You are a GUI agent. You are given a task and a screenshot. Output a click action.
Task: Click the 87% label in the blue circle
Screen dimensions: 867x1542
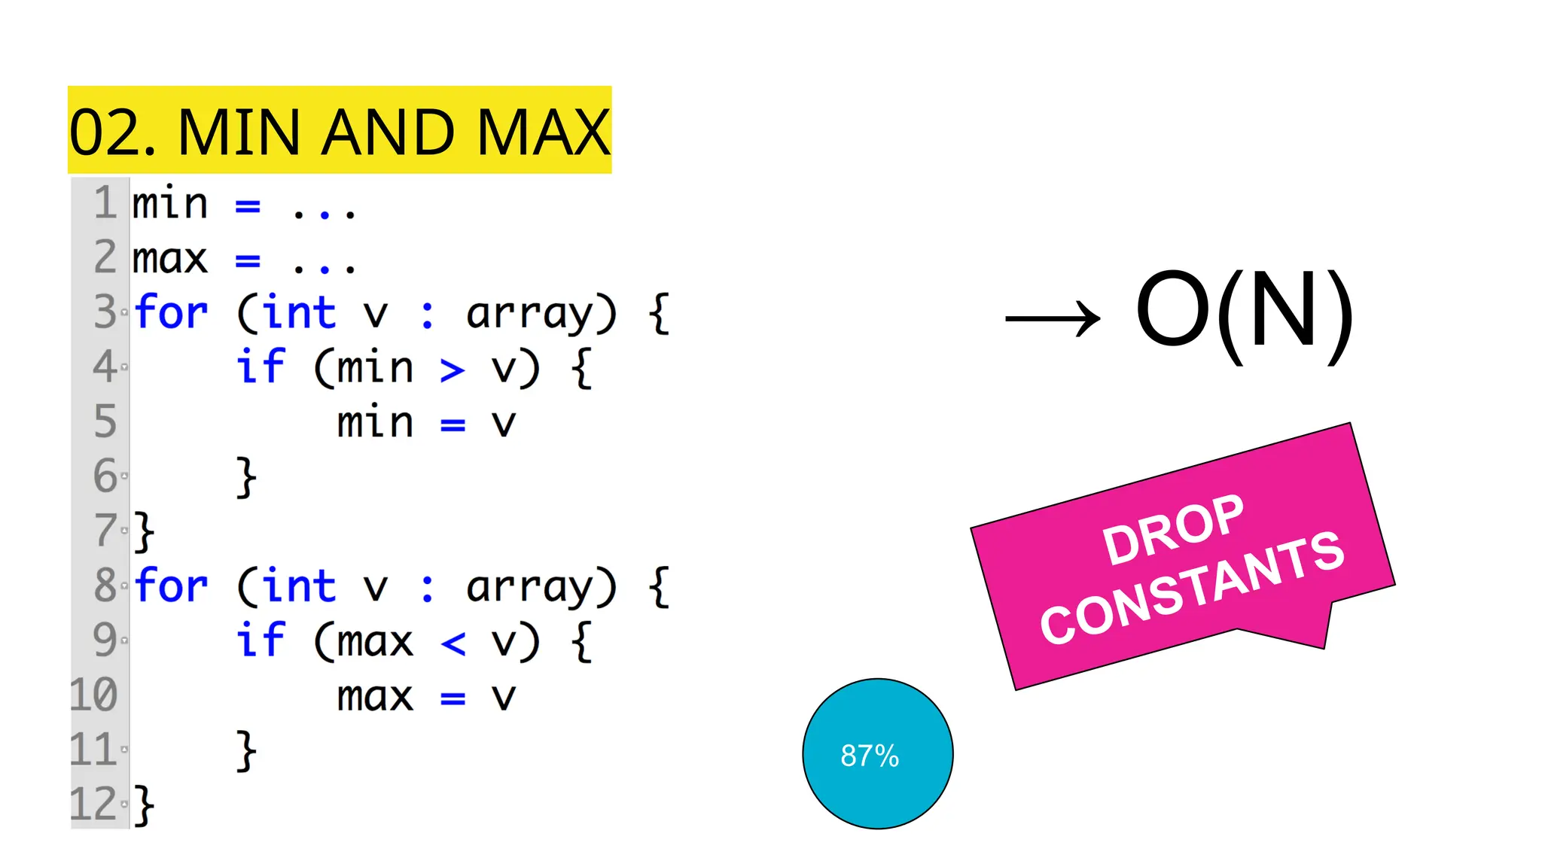870,756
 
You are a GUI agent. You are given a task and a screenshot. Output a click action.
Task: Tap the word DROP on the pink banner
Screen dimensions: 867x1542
1172,530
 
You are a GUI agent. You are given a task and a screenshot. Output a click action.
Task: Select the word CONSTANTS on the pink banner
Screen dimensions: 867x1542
1192,587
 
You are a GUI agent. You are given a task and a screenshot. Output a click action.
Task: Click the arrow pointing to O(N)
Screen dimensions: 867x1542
1053,318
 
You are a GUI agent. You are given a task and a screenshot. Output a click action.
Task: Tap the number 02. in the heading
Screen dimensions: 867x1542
113,132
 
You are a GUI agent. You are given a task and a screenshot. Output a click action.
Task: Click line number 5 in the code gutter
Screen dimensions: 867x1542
105,421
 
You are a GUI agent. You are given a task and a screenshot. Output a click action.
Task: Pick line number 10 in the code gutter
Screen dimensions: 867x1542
94,695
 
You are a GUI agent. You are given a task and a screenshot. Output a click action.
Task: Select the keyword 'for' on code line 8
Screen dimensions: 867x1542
171,586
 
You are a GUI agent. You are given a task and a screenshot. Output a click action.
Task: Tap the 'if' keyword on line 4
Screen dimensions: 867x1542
261,367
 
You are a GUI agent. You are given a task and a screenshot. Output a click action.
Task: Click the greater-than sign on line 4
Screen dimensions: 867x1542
452,370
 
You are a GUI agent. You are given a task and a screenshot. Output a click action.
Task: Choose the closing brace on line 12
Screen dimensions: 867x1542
144,805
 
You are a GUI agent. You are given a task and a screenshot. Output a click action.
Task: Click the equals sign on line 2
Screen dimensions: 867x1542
248,260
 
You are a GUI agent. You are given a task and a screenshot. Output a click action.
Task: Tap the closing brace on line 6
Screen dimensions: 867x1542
246,477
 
